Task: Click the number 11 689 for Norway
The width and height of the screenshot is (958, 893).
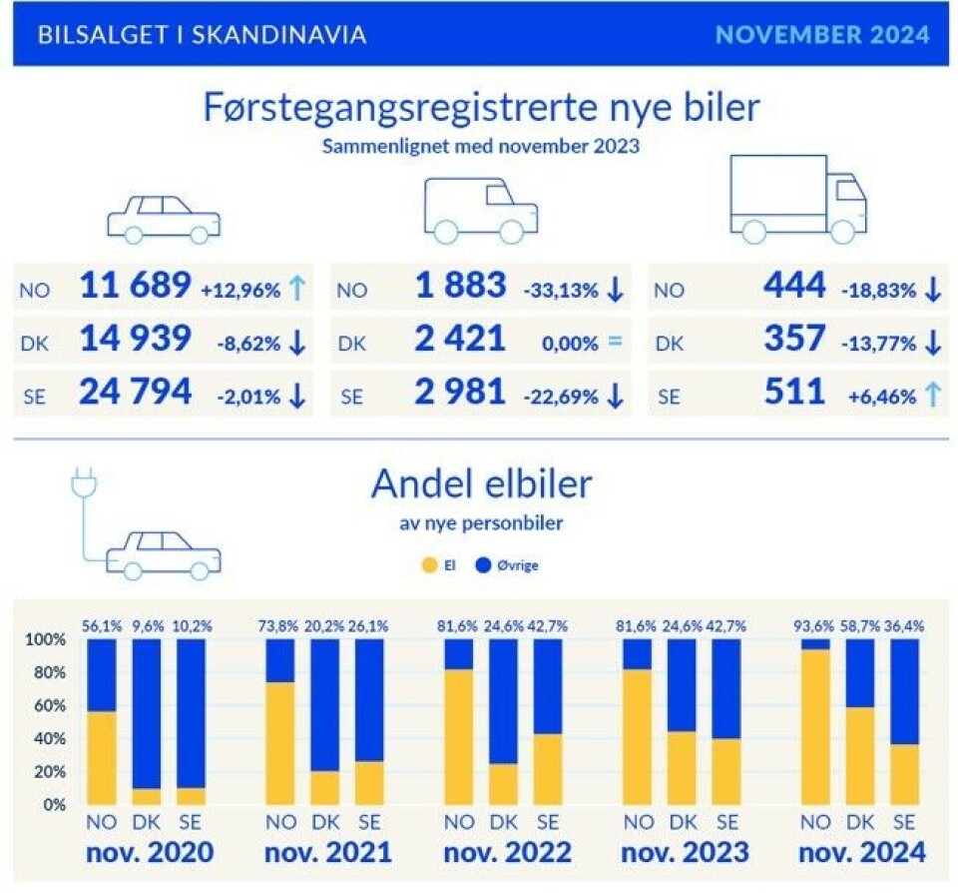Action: [x=134, y=288]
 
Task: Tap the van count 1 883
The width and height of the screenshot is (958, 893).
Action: [x=461, y=288]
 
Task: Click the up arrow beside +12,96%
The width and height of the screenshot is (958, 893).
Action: [x=295, y=290]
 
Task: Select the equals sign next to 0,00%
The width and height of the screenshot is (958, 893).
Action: [x=614, y=343]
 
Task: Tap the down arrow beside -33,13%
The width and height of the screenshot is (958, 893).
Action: [x=614, y=290]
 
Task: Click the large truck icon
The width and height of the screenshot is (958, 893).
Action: [x=797, y=200]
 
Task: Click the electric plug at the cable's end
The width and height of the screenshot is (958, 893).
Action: [x=81, y=484]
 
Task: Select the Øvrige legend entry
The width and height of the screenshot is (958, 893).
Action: [x=509, y=565]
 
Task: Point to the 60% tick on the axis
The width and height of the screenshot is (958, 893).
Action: [x=48, y=706]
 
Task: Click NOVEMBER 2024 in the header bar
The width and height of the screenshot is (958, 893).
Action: [x=822, y=35]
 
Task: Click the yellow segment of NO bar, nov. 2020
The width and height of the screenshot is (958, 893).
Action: [x=102, y=757]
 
